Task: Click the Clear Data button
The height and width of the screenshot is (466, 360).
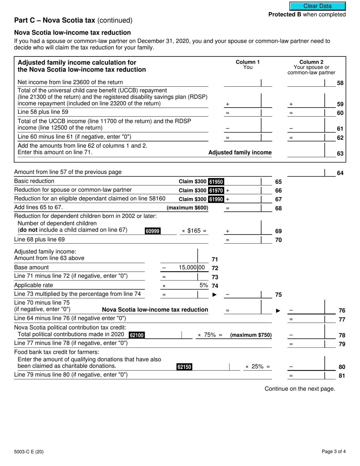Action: [318, 6]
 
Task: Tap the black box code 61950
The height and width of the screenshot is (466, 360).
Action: [216, 182]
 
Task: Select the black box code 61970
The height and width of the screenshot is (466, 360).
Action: [216, 191]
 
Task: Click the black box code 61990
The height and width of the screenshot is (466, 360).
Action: [216, 199]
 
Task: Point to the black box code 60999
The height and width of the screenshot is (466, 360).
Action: [152, 231]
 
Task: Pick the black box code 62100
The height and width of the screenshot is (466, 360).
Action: [137, 335]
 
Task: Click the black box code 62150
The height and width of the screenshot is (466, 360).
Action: [184, 367]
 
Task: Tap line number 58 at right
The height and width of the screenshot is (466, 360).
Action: [340, 83]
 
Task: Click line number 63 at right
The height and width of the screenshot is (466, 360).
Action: [340, 154]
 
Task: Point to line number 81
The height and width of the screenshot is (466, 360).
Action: [341, 376]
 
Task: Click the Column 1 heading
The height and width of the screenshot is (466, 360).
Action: [248, 62]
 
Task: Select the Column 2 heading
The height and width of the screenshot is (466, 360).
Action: [311, 62]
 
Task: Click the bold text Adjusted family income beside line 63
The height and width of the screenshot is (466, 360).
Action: [240, 153]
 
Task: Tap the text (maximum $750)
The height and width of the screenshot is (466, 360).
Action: [251, 335]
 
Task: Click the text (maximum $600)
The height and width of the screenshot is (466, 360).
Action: [187, 208]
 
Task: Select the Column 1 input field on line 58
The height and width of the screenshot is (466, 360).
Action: [243, 83]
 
